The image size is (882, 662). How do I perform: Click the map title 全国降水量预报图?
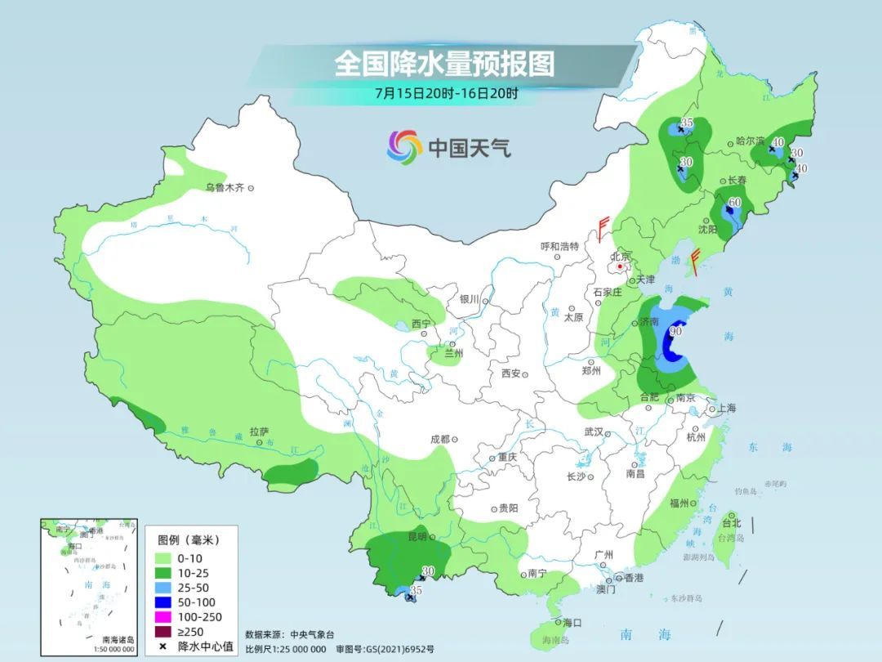click(x=444, y=64)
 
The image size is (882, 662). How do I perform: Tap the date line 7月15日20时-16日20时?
click(x=446, y=93)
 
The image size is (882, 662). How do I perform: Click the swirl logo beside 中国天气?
click(x=404, y=147)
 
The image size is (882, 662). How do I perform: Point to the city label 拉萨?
click(x=259, y=432)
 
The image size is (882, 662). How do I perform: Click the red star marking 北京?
click(x=621, y=266)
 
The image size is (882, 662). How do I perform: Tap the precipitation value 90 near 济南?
click(x=676, y=331)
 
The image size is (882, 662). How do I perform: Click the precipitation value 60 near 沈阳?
click(x=734, y=202)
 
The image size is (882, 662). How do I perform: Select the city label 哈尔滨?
click(x=751, y=141)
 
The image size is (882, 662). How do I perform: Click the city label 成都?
click(x=439, y=439)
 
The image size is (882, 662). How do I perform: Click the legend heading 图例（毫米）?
click(x=189, y=540)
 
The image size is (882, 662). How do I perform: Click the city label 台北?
click(x=731, y=523)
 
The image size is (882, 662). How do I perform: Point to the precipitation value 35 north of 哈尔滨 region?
click(x=687, y=123)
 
